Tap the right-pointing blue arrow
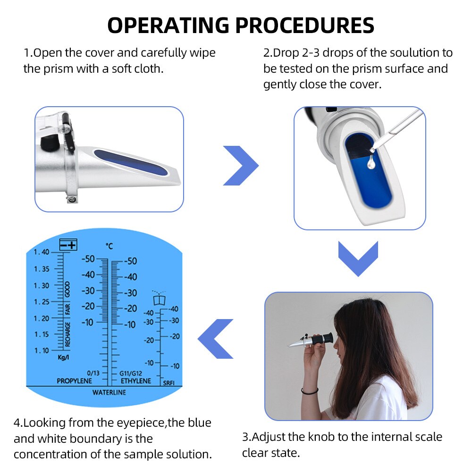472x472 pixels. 240,166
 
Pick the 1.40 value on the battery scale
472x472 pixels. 42,252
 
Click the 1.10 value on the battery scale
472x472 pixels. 42,350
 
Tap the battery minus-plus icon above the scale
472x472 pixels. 68,244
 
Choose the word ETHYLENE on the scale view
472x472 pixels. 136,381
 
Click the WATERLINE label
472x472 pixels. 109,392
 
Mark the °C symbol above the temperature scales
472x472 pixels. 110,246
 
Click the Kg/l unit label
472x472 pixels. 63,358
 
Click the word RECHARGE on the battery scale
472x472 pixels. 68,334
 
